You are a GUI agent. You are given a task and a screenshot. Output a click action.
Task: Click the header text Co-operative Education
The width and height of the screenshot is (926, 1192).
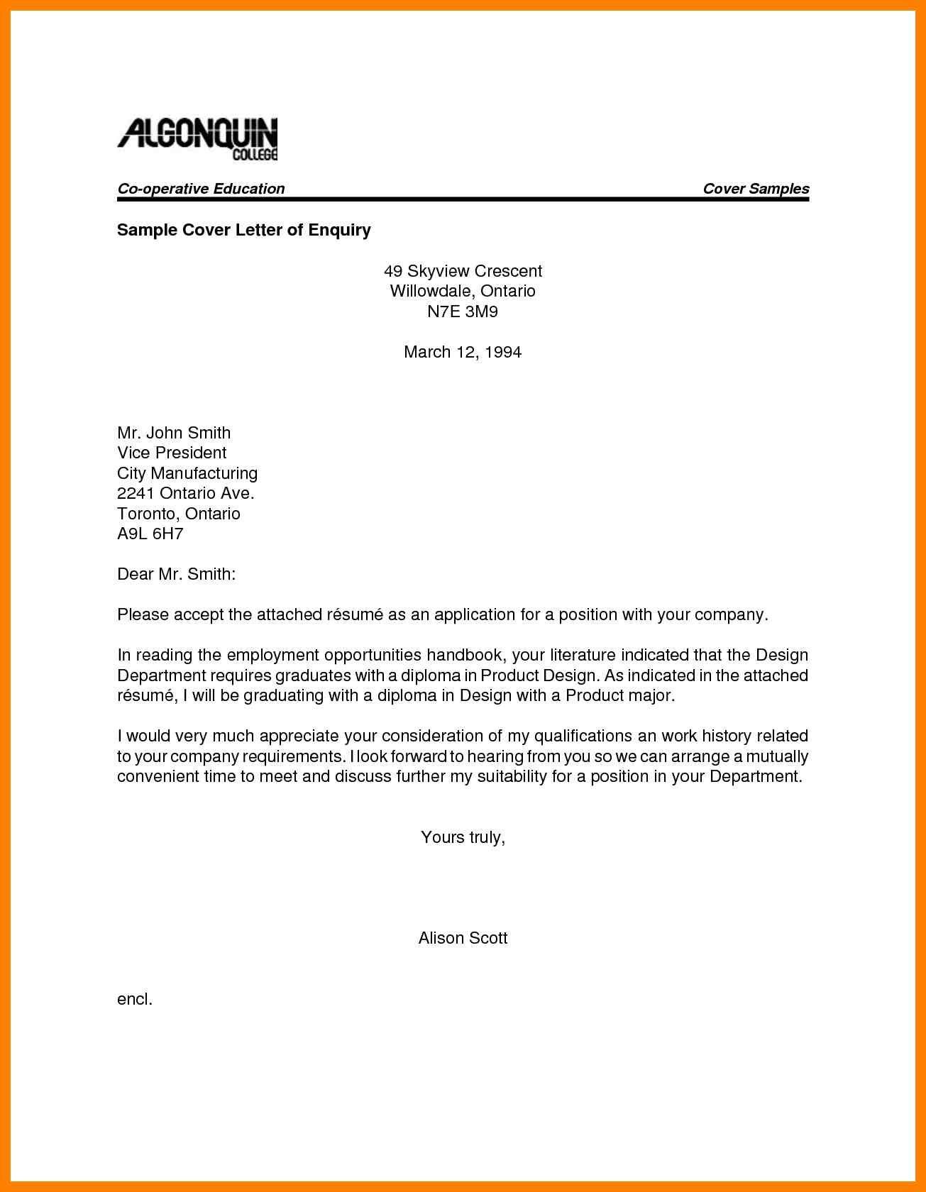(x=201, y=189)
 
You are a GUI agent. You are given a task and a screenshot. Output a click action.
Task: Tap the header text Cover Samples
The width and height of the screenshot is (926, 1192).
(x=756, y=189)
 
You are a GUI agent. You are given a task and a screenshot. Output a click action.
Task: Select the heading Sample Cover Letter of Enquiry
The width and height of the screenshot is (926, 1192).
(x=244, y=230)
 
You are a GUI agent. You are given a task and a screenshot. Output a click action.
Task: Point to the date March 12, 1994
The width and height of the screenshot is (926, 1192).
(x=463, y=352)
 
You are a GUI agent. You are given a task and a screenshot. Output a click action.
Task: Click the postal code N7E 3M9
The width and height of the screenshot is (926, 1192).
(x=463, y=311)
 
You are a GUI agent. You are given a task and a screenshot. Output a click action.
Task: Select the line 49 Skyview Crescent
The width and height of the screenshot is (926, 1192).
(x=463, y=271)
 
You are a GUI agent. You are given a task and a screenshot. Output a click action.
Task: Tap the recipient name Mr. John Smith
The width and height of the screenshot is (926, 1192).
(x=174, y=433)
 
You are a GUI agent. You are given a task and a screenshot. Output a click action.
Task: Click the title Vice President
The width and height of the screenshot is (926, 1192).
(x=172, y=453)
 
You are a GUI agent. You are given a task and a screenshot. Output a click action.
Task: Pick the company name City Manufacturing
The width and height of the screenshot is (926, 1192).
(x=187, y=473)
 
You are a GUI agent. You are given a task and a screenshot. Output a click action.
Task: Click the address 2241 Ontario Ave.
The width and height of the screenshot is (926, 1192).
(x=186, y=493)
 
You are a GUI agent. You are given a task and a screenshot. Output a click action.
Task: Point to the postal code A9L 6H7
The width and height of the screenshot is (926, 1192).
(x=150, y=534)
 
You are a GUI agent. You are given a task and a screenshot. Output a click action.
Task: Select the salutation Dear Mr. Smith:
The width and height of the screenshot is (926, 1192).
(x=176, y=574)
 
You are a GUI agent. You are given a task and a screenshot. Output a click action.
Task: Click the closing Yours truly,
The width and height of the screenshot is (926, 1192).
(x=463, y=837)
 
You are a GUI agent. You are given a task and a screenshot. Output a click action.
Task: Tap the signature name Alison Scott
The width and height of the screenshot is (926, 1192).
(x=463, y=938)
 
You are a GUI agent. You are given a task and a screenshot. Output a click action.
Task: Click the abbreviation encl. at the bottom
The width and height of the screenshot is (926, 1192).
(x=135, y=999)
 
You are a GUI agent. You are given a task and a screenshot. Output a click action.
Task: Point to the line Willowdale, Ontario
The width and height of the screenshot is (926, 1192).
(x=463, y=291)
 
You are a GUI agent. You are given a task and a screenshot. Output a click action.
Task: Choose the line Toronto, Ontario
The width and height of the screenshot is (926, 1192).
(x=179, y=514)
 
